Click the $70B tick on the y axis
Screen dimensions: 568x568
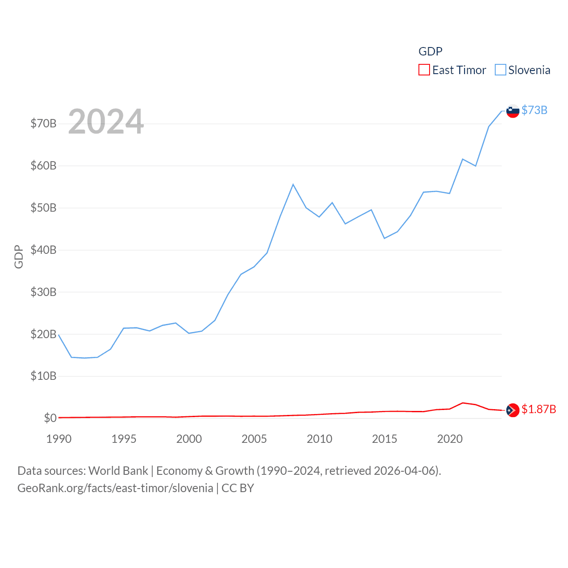point(43,123)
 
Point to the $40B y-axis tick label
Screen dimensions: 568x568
point(43,250)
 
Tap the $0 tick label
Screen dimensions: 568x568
point(50,418)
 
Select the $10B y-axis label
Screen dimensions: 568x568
point(43,376)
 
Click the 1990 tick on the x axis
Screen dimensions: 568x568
point(59,439)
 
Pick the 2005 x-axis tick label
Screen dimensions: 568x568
point(254,439)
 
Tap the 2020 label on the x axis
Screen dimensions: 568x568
point(450,439)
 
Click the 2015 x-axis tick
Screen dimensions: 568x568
point(384,439)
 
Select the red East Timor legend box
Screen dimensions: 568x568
point(424,70)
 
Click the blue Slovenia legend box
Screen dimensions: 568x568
point(501,70)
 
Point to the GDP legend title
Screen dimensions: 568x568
point(430,51)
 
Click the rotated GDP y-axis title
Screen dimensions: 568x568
point(19,256)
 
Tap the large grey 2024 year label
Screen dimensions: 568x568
point(106,122)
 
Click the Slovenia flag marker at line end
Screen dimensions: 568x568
point(513,111)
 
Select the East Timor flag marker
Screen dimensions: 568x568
point(513,410)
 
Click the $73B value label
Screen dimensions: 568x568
point(534,110)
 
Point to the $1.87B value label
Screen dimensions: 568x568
point(539,409)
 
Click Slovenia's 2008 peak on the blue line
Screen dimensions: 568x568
point(293,184)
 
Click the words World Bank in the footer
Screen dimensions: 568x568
point(118,470)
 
